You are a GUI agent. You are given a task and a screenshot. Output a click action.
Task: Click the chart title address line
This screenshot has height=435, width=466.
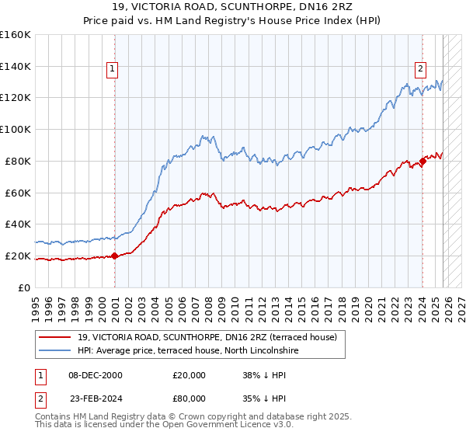(232, 7)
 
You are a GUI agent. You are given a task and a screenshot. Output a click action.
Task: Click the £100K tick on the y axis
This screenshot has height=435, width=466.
(16, 129)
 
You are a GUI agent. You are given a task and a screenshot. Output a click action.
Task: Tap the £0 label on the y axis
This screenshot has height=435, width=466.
(26, 287)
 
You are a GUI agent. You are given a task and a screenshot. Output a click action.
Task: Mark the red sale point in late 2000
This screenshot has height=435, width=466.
(114, 256)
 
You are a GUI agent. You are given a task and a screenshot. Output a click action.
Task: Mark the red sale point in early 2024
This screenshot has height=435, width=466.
(423, 161)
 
